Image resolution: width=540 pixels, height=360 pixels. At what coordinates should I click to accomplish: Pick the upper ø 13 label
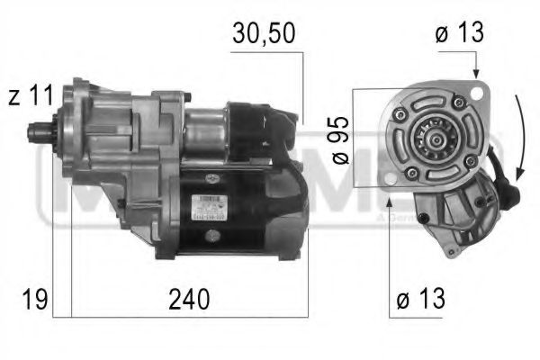click(x=459, y=33)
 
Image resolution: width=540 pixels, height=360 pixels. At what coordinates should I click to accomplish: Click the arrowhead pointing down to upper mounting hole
click(x=474, y=73)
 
